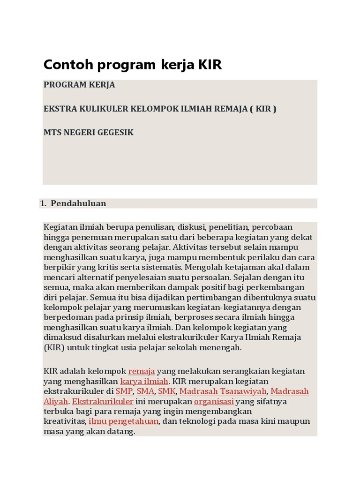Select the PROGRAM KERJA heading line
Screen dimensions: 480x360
[x=79, y=85]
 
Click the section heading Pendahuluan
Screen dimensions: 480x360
[x=78, y=203]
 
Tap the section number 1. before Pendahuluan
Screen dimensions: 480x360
[x=43, y=203]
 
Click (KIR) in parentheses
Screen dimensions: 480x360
[x=53, y=347]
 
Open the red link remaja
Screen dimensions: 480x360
[x=142, y=371]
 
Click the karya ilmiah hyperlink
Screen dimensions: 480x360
[x=144, y=381]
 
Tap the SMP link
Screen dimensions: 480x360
[x=124, y=391]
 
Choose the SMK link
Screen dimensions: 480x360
[x=166, y=391]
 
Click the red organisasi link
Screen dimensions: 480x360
[x=214, y=402]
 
